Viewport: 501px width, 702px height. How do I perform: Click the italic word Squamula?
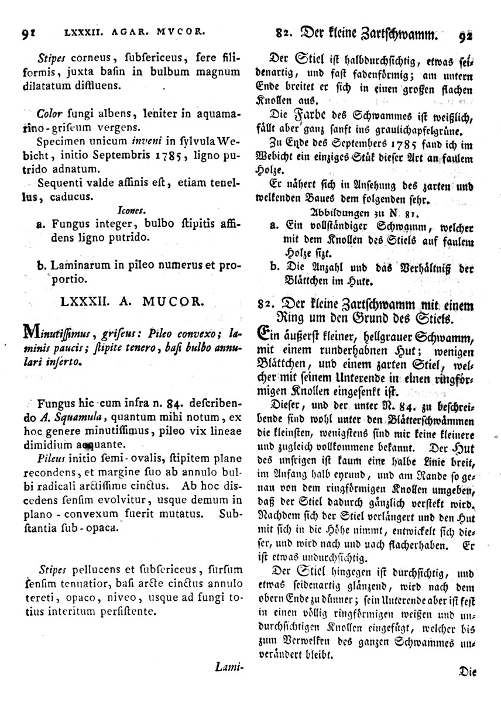[82, 417]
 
